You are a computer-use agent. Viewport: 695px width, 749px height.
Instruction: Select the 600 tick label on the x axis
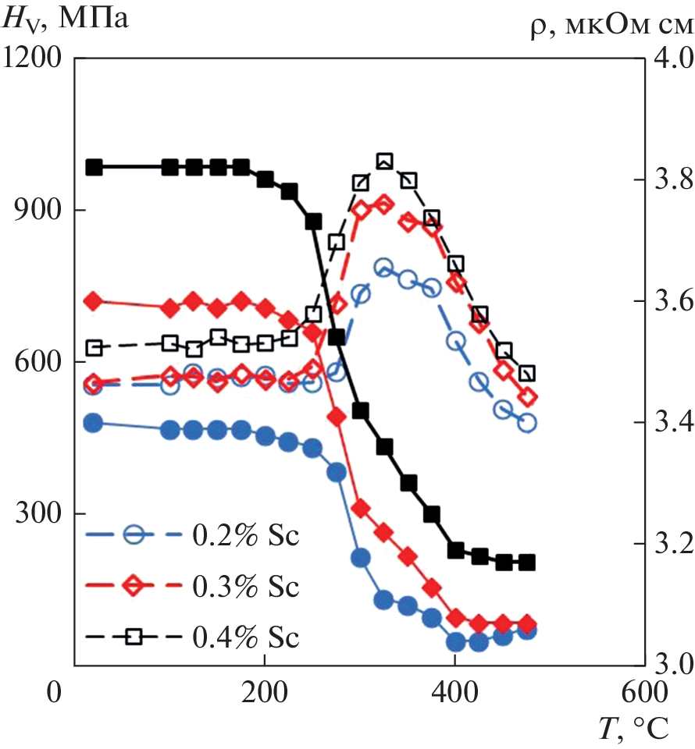pos(643,692)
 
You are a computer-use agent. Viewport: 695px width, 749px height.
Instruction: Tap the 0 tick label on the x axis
pos(54,692)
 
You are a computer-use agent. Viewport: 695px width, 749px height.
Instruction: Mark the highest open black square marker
pos(384,162)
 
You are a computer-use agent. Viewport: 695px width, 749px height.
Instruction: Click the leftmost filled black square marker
pos(94,167)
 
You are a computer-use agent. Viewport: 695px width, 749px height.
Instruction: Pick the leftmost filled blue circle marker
pos(94,423)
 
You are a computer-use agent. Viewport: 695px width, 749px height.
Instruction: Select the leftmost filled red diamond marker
pos(94,301)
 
